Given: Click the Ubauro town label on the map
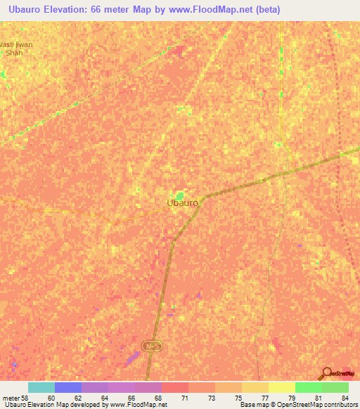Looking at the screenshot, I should (183, 203).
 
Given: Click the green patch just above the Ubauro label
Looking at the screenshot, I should (181, 196).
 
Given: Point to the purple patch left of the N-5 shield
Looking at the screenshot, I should (131, 358).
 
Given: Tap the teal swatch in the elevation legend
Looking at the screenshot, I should (41, 387).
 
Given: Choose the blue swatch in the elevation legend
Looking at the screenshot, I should (68, 387).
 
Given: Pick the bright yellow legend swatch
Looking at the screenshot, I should (282, 387).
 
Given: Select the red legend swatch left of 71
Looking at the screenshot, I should (175, 387).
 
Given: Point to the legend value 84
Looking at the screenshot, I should (344, 398).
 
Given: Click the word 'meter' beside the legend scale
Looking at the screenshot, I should (11, 398).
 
